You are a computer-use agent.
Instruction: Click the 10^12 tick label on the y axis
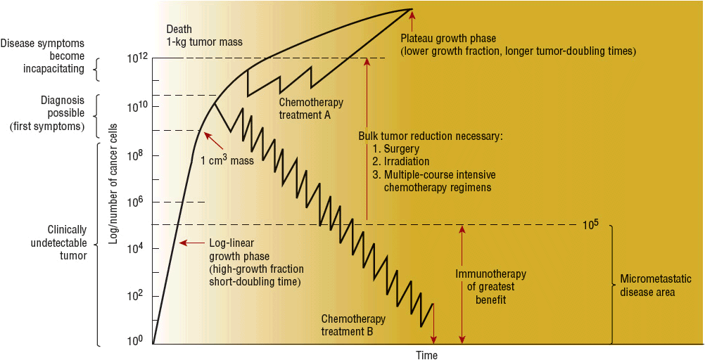pos(136,58)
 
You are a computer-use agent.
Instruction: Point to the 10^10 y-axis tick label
pos(136,108)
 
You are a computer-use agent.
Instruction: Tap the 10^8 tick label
pos(136,155)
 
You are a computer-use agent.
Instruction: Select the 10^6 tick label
pos(136,202)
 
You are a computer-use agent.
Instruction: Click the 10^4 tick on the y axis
pos(136,249)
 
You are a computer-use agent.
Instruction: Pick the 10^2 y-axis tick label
pos(136,296)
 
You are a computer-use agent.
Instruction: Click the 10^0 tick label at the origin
pos(136,341)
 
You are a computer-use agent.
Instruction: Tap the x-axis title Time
pos(426,355)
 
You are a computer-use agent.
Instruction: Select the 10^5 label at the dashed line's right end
pos(590,226)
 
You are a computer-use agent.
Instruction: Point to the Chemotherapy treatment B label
pos(352,325)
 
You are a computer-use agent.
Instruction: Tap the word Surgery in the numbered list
pos(402,149)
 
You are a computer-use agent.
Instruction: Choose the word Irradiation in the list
pos(407,162)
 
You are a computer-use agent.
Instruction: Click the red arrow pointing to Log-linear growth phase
pos(186,243)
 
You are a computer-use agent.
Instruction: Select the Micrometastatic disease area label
pos(647,285)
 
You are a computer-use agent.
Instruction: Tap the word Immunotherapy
pos(490,274)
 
